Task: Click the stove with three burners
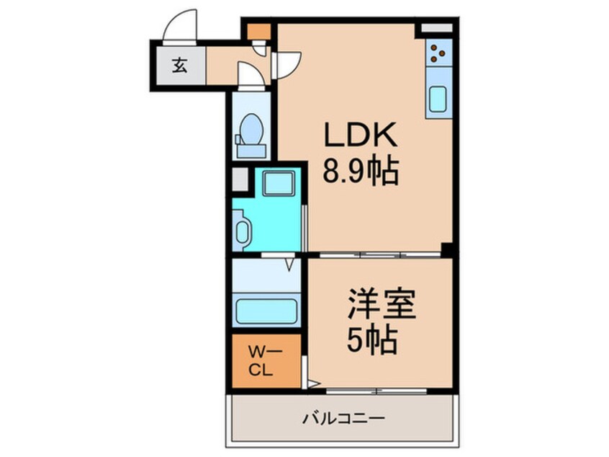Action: (x=438, y=52)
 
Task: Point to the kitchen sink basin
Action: (x=438, y=99)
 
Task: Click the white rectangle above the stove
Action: (x=437, y=28)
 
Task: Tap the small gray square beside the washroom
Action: (x=239, y=178)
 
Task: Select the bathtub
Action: (x=266, y=312)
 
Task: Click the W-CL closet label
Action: (x=261, y=360)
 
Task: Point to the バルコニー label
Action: (x=343, y=418)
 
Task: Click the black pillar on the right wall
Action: (x=448, y=250)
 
